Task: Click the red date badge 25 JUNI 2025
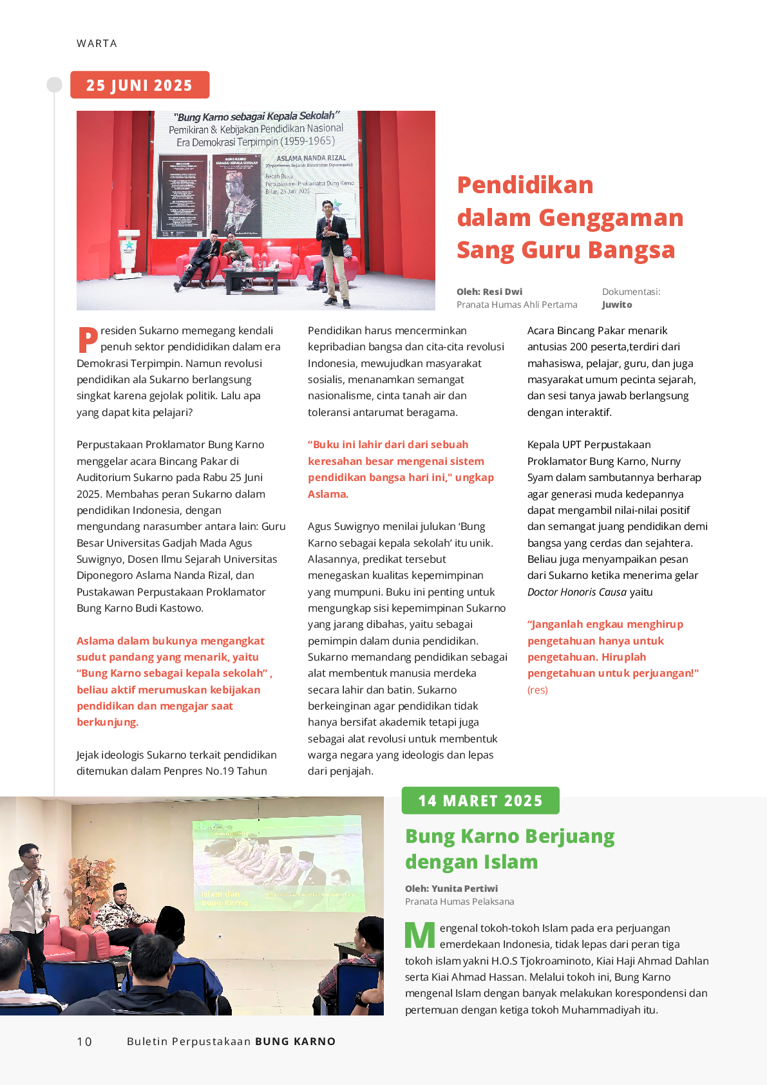click(x=140, y=85)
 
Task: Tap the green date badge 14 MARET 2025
click(x=480, y=800)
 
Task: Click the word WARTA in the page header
click(x=97, y=43)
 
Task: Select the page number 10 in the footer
click(x=84, y=1041)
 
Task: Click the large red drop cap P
click(x=88, y=339)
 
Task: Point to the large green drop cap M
click(x=420, y=936)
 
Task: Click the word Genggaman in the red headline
click(x=611, y=218)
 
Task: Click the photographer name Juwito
click(x=617, y=305)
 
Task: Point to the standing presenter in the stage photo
click(x=333, y=251)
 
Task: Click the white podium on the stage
click(x=129, y=251)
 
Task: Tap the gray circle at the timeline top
click(x=55, y=85)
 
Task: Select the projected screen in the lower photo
click(x=278, y=865)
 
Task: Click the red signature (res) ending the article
click(x=538, y=690)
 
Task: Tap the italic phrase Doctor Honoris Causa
click(x=576, y=592)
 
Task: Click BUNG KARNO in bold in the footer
click(x=296, y=1041)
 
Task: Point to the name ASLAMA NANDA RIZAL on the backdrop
click(x=311, y=158)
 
